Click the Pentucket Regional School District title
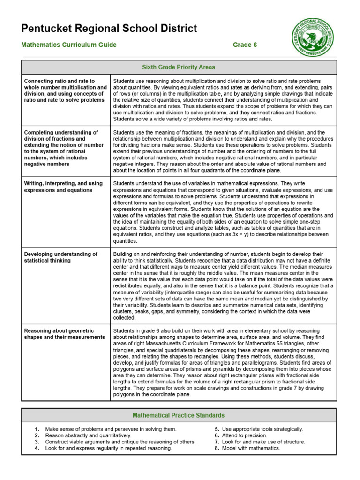coord(109,29)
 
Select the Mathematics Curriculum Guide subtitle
coord(69,45)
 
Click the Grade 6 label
coord(245,45)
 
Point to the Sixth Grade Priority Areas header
coord(179,67)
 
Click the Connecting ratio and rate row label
coord(65,90)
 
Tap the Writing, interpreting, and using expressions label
coord(63,187)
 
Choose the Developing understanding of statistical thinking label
coord(61,257)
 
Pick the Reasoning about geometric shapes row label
coord(64,334)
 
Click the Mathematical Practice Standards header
coord(179,415)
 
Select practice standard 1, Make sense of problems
coord(111,429)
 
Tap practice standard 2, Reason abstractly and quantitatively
coord(88,435)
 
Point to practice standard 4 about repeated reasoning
coord(108,448)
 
